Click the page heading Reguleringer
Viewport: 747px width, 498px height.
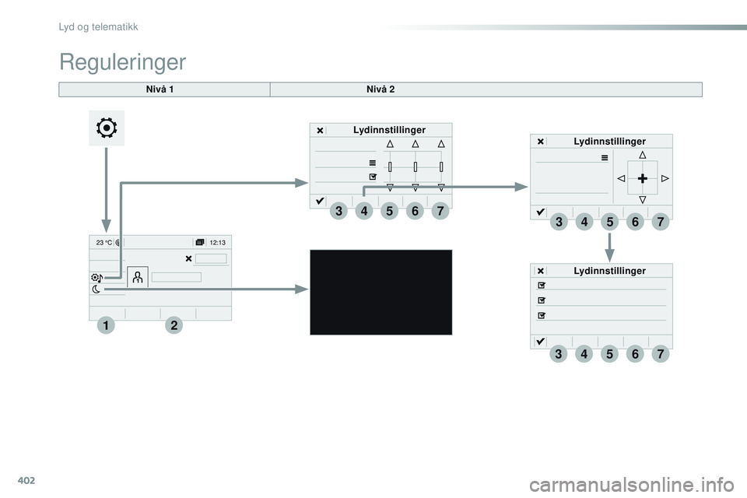(122, 62)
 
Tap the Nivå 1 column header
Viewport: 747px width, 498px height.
(160, 89)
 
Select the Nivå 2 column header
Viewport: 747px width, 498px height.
(381, 89)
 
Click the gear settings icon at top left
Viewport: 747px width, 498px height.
(107, 128)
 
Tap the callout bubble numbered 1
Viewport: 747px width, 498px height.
(106, 325)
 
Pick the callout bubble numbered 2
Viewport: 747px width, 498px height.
(174, 325)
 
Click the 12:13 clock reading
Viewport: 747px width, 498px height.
(218, 243)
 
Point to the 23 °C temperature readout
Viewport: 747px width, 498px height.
(103, 243)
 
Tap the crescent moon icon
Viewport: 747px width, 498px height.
(96, 289)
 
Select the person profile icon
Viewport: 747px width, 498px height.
(138, 277)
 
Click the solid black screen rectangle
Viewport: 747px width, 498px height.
(381, 292)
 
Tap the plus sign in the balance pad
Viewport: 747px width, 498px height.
(643, 178)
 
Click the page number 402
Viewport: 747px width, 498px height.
(26, 480)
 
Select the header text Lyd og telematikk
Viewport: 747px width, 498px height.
(98, 26)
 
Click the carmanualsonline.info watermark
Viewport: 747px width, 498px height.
(632, 485)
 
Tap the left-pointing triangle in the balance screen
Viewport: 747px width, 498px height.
(621, 178)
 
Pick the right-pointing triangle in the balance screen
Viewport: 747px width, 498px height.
(665, 178)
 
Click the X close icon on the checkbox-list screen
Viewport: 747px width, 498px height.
(541, 271)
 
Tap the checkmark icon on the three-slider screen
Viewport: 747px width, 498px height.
(320, 201)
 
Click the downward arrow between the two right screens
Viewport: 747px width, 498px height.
(609, 247)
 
